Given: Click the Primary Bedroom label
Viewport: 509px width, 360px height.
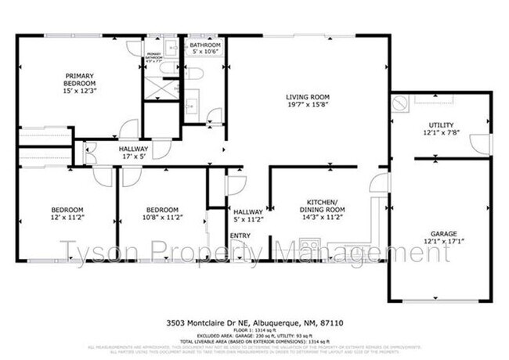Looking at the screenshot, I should [79, 79].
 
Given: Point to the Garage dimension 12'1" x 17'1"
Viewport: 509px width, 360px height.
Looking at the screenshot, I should [443, 241].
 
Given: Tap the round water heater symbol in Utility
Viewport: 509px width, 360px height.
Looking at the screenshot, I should [400, 101].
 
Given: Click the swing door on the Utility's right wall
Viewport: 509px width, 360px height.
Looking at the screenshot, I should [480, 144].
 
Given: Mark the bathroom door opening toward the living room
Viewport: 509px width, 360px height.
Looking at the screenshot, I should [213, 117].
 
